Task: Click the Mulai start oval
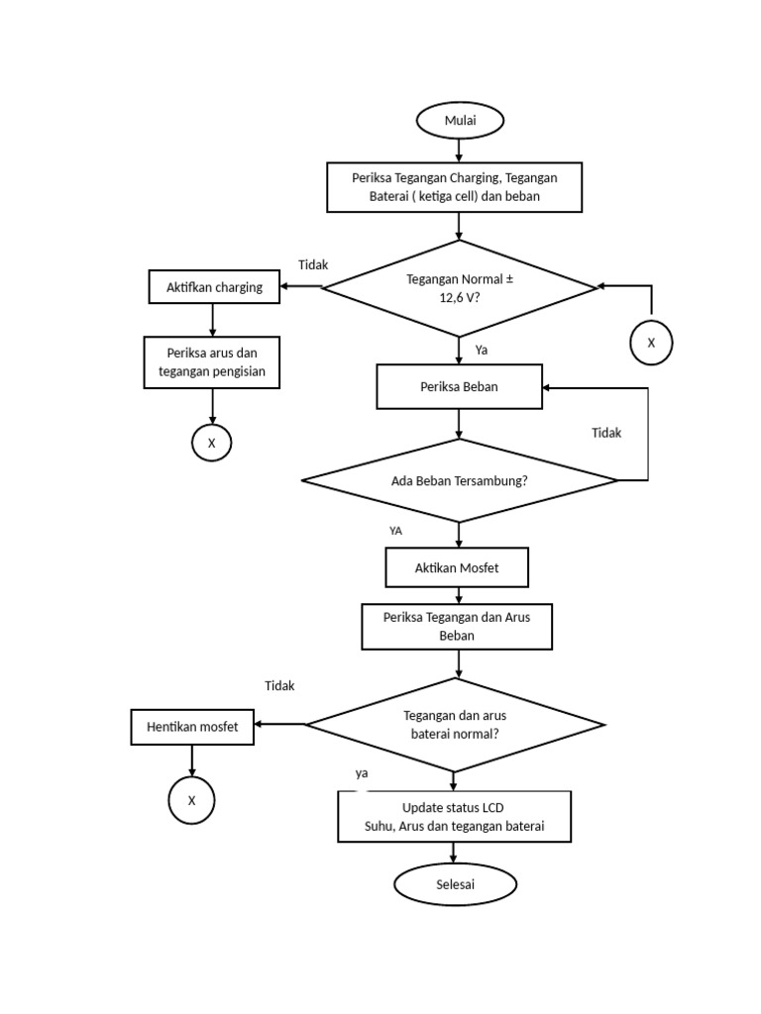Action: (460, 121)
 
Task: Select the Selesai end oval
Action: (456, 884)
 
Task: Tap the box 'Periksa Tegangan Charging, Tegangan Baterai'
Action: (455, 187)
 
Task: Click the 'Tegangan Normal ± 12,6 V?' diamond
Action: (460, 288)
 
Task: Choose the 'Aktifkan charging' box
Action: (214, 287)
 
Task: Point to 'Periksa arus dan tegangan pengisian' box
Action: (212, 362)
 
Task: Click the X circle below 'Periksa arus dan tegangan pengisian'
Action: (211, 443)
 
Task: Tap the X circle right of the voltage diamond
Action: (651, 343)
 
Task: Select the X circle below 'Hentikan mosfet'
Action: (191, 800)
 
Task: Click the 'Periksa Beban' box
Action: (459, 386)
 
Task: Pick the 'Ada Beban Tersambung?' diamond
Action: (460, 481)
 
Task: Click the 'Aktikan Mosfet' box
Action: (457, 568)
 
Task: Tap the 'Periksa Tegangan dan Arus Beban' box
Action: (457, 627)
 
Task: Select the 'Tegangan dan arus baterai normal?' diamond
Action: (455, 725)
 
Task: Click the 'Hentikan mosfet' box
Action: (192, 727)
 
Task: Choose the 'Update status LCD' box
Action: (454, 817)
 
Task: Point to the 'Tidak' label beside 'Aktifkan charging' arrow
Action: (313, 264)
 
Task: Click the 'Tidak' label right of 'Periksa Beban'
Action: (606, 433)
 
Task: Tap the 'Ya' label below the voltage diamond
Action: (482, 350)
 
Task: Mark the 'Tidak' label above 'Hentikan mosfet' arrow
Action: (279, 685)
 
